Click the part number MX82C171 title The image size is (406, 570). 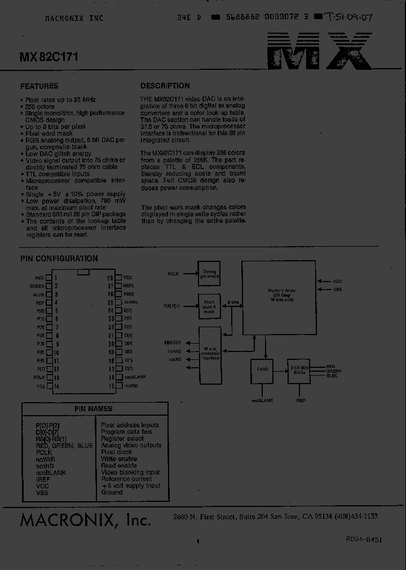click(x=49, y=57)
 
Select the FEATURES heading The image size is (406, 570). click(x=39, y=86)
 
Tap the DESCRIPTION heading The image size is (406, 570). click(x=165, y=86)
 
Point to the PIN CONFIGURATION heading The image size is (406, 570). click(x=59, y=259)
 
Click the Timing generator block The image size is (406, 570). click(x=209, y=274)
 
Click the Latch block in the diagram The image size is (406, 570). click(x=262, y=369)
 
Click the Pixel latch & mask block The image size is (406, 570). click(x=209, y=306)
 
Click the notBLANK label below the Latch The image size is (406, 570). click(x=262, y=400)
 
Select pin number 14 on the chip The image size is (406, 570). click(x=57, y=386)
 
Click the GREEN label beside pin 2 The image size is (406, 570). click(x=37, y=286)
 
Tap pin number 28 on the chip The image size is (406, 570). click(x=111, y=278)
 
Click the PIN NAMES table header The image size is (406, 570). click(x=94, y=409)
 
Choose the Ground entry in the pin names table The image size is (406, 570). click(x=112, y=492)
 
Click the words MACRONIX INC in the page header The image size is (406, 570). click(x=74, y=19)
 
